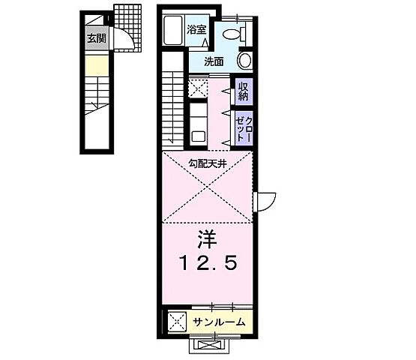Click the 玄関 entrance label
[x=95, y=39]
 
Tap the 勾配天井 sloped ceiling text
[x=207, y=163]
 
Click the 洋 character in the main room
[x=206, y=240]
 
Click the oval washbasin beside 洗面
[x=244, y=61]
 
